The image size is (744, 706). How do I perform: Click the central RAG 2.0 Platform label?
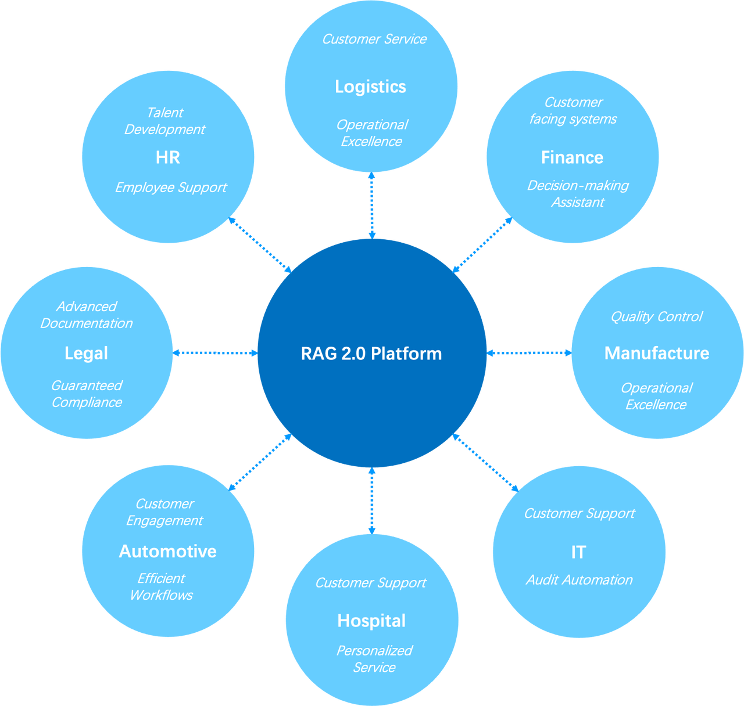pyautogui.click(x=371, y=354)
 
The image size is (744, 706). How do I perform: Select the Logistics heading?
pyautogui.click(x=370, y=87)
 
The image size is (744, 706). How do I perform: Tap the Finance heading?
pyautogui.click(x=572, y=157)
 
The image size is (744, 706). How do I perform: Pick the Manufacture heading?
pyautogui.click(x=657, y=353)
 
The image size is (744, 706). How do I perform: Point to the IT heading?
pyautogui.click(x=578, y=552)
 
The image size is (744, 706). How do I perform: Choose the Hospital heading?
pyautogui.click(x=371, y=621)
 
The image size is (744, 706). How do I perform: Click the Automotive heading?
pyautogui.click(x=167, y=551)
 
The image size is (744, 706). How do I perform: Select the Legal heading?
pyautogui.click(x=86, y=353)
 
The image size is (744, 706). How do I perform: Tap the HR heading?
pyautogui.click(x=168, y=157)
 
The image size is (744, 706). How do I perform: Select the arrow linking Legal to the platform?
pyautogui.click(x=215, y=353)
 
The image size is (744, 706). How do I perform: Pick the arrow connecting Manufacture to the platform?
pyautogui.click(x=529, y=353)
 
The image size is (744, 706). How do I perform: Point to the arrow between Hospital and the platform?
pyautogui.click(x=372, y=500)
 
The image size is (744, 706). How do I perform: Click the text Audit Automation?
pyautogui.click(x=579, y=580)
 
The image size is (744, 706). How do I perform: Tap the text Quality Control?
pyautogui.click(x=656, y=316)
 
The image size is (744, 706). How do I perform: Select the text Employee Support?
pyautogui.click(x=171, y=188)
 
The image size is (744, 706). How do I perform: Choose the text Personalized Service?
pyautogui.click(x=374, y=659)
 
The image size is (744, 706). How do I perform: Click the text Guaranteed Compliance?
pyautogui.click(x=87, y=394)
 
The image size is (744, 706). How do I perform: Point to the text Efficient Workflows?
pyautogui.click(x=161, y=586)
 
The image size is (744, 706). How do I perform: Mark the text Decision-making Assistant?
pyautogui.click(x=578, y=194)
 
